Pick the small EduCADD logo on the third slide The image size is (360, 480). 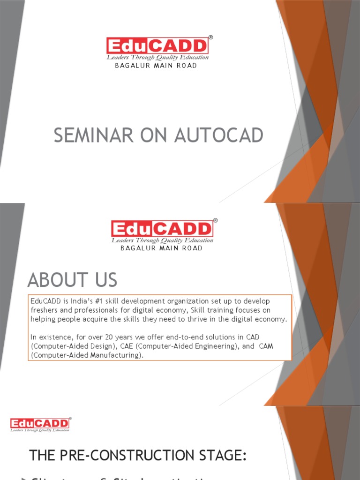pyautogui.click(x=40, y=424)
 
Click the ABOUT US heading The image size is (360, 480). pyautogui.click(x=72, y=280)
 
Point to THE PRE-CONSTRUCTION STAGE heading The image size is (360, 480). pyautogui.click(x=138, y=455)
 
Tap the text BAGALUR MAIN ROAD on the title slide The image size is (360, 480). pyautogui.click(x=156, y=66)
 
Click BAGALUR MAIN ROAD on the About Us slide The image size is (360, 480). pyautogui.click(x=162, y=248)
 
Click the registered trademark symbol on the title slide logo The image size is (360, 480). pyautogui.click(x=210, y=37)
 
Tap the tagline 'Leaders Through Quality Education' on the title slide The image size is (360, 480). pyautogui.click(x=157, y=57)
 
